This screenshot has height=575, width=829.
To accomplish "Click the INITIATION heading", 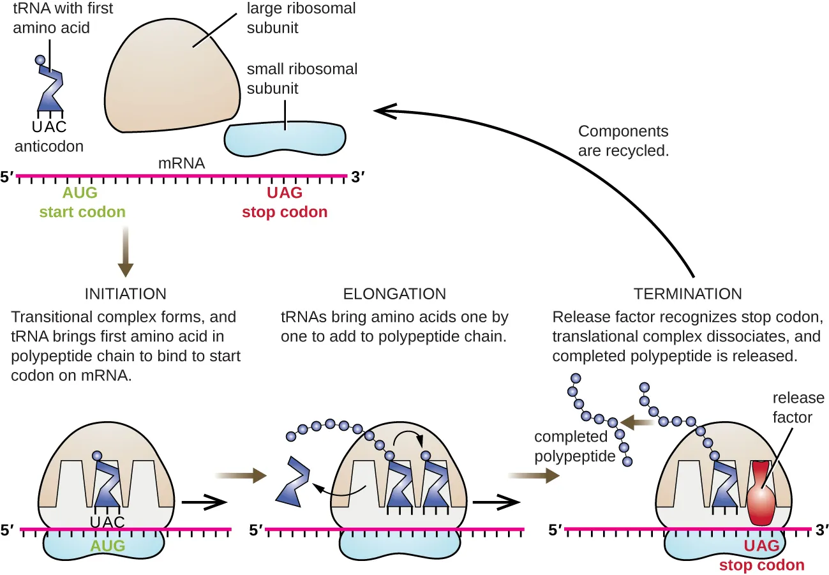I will (x=126, y=294).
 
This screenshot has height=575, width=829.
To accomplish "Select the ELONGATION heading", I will (x=394, y=294).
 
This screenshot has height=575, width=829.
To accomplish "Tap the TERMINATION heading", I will (x=687, y=294).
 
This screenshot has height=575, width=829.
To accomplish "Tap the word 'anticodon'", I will (x=49, y=146).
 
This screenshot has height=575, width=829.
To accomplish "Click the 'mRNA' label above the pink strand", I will (x=182, y=163).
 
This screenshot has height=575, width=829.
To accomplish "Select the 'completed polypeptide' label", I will (x=571, y=447).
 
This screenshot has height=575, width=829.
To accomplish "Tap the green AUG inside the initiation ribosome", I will (x=107, y=546).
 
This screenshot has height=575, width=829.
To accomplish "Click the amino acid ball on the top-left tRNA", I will (x=41, y=61).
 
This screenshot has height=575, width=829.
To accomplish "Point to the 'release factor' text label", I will (x=798, y=408).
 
